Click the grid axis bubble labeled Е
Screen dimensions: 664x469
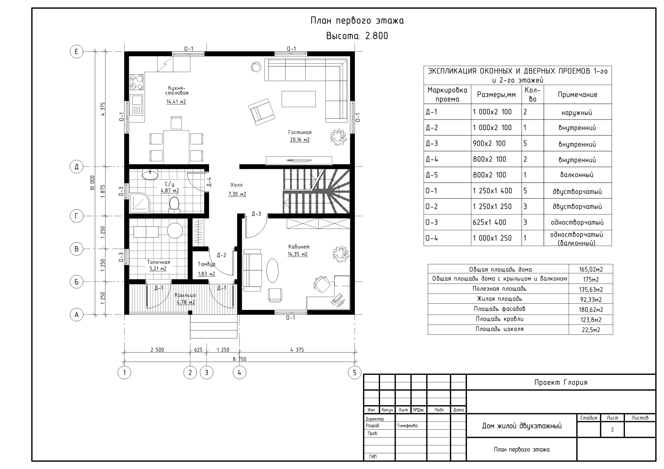[76, 52]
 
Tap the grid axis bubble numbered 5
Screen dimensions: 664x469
[355, 372]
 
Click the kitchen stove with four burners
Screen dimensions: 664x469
[137, 82]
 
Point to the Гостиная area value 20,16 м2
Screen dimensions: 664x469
[300, 140]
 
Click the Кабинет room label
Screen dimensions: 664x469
[299, 247]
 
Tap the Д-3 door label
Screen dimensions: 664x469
[256, 214]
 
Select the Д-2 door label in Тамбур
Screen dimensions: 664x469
[222, 255]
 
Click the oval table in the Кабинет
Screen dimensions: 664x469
[272, 271]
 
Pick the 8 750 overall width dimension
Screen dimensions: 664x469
[240, 359]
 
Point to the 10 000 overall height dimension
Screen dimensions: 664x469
[93, 183]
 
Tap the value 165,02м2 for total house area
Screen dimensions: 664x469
[591, 270]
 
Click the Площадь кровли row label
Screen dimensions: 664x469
[499, 319]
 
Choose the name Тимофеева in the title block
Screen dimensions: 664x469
[407, 426]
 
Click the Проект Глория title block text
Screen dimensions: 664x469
[561, 383]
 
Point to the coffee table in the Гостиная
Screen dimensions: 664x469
[298, 99]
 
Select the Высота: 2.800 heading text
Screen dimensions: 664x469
[357, 36]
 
